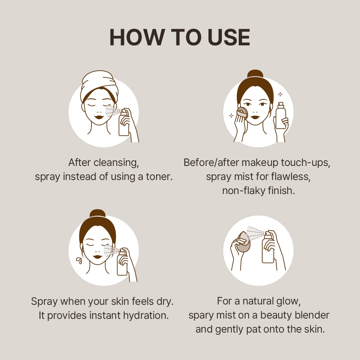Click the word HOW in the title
(137, 37)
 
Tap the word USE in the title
(229, 37)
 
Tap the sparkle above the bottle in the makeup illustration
(280, 94)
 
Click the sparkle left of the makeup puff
(231, 115)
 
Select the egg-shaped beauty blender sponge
(243, 242)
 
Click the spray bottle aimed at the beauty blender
(268, 247)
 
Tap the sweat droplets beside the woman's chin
(79, 261)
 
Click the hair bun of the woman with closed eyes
(97, 213)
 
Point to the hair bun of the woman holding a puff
(255, 74)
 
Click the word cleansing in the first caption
(116, 163)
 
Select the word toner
(159, 177)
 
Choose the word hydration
(146, 316)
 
